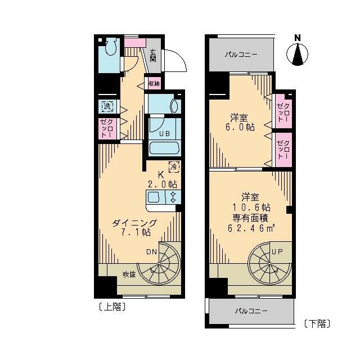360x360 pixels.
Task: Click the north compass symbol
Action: pyautogui.click(x=298, y=55)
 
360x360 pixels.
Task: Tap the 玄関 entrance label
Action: pyautogui.click(x=153, y=56)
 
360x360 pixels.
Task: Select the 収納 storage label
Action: pyautogui.click(x=154, y=83)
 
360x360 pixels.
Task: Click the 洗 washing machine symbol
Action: pyautogui.click(x=106, y=105)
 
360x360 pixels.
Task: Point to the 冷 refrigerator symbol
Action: pyautogui.click(x=174, y=167)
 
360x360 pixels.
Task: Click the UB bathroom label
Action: pyautogui.click(x=164, y=134)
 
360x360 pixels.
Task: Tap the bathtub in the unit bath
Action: pyautogui.click(x=164, y=148)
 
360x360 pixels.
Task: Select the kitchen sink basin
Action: pyautogui.click(x=154, y=197)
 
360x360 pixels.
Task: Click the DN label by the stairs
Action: pyautogui.click(x=152, y=252)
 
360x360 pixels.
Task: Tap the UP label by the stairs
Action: pyautogui.click(x=277, y=252)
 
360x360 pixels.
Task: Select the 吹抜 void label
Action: pyautogui.click(x=129, y=274)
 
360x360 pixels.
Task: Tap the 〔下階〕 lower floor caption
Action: pyautogui.click(x=316, y=323)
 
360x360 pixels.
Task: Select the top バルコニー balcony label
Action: pyautogui.click(x=241, y=55)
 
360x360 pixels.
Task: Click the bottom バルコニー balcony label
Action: pyautogui.click(x=251, y=311)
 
